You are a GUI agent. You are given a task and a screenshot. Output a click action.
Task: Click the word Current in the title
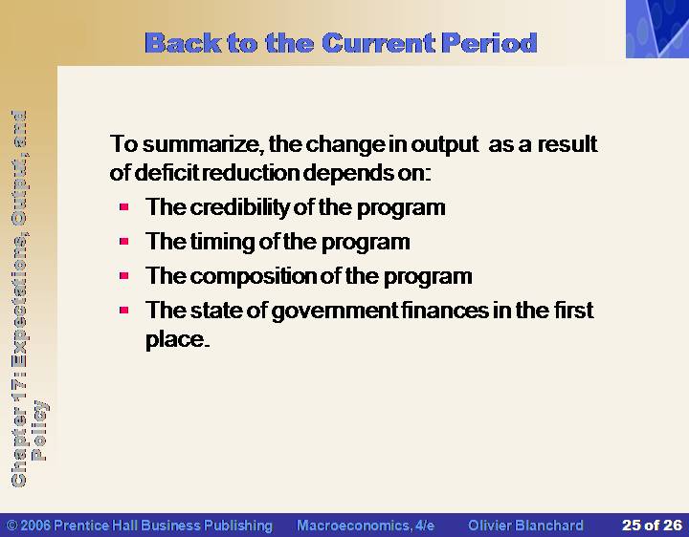378,43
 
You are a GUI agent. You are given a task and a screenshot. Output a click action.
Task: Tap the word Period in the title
489,43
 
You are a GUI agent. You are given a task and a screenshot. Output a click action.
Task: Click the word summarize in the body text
204,144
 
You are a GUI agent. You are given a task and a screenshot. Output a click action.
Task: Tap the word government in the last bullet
335,311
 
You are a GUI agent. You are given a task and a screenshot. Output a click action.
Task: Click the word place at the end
177,339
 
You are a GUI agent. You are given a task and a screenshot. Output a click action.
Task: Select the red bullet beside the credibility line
123,206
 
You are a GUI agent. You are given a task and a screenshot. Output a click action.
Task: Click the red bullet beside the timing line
123,242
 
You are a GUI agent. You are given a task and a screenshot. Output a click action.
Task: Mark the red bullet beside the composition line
123,276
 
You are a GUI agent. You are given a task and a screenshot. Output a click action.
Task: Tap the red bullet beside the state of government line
123,311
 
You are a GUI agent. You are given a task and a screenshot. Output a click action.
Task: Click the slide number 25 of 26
652,526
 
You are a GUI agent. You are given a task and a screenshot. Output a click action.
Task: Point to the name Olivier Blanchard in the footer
525,526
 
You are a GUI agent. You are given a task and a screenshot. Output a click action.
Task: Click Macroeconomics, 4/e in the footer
366,526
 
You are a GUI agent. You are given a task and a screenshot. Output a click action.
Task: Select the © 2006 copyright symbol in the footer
12,526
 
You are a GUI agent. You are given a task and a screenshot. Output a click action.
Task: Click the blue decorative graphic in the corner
657,29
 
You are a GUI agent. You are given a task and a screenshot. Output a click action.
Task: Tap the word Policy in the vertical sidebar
39,430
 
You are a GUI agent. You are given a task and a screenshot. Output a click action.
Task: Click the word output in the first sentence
444,145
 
